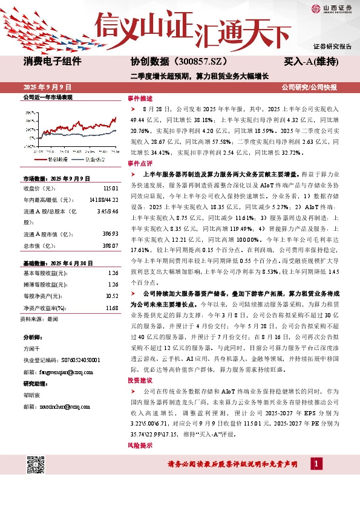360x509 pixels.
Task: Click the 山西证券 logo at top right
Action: [x=332, y=8]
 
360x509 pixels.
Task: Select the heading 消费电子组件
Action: [x=53, y=61]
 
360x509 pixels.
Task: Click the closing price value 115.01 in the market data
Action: [x=110, y=189]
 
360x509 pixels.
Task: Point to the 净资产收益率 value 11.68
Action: [x=111, y=308]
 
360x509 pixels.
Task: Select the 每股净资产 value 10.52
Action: [x=111, y=296]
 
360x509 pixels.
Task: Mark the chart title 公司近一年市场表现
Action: [x=47, y=97]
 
